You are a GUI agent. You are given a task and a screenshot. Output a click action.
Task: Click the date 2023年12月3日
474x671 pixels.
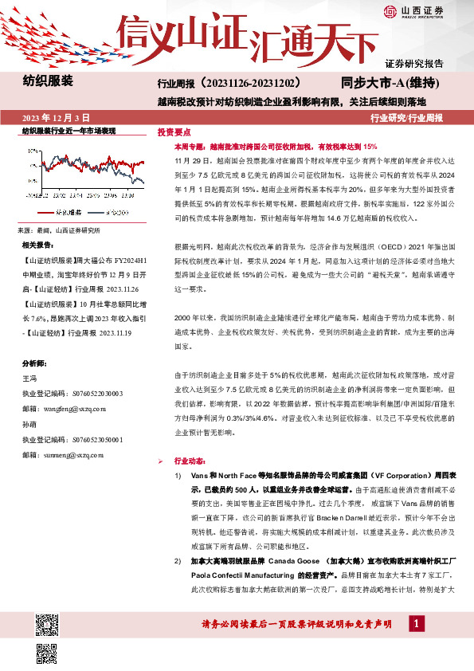click(57, 118)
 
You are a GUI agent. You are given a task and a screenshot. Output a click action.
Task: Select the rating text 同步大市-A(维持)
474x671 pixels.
click(381, 83)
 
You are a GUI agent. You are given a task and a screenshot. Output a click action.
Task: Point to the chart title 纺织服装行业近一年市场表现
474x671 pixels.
click(69, 130)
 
